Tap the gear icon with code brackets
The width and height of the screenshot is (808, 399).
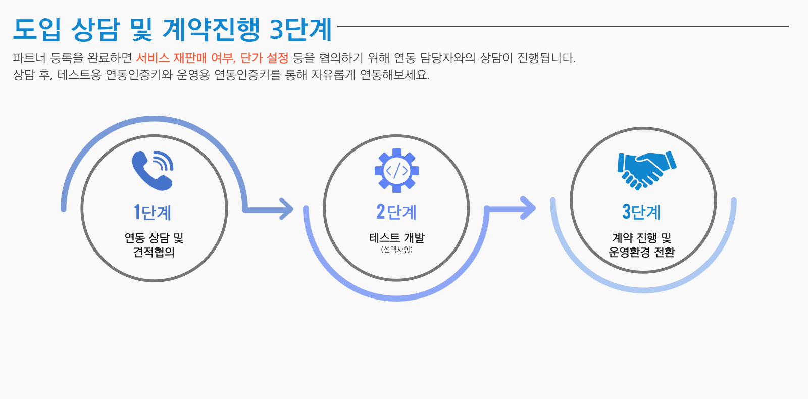tap(397, 171)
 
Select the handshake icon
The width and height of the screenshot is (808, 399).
tap(646, 170)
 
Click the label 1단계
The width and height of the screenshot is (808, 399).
tap(153, 212)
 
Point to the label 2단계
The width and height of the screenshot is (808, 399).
tap(396, 212)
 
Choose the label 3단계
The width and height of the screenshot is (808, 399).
tap(641, 212)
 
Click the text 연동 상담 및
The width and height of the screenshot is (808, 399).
tap(154, 238)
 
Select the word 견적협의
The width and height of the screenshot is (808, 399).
tap(154, 252)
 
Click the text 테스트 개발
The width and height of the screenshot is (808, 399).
tap(397, 238)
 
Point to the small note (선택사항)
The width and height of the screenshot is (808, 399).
tap(397, 250)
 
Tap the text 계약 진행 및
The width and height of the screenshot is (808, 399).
tap(641, 238)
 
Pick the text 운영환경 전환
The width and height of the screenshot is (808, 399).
tap(641, 252)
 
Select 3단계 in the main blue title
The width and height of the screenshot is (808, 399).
tap(300, 30)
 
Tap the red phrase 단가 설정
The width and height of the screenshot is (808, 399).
tap(264, 58)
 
